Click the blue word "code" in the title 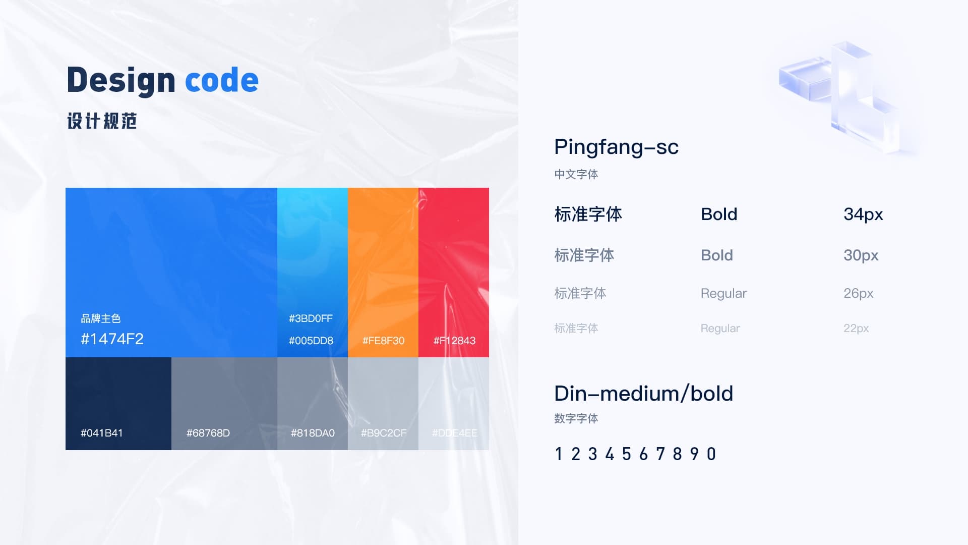point(222,80)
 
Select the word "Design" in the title point(121,81)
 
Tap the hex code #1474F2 point(112,339)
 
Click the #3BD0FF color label point(311,318)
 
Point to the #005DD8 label point(311,341)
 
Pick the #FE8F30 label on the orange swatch point(383,341)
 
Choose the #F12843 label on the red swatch point(454,341)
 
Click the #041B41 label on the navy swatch point(102,433)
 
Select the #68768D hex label point(208,433)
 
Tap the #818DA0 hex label point(313,433)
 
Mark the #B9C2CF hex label point(384,433)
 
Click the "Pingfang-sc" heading point(616,147)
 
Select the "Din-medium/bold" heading point(643,394)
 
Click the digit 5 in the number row point(627,454)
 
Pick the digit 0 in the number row point(711,454)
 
